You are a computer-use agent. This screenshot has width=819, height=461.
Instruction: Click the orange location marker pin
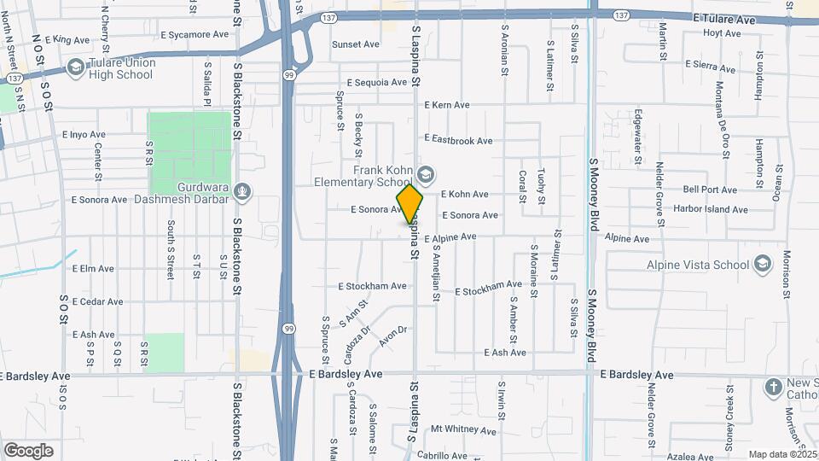[410, 203]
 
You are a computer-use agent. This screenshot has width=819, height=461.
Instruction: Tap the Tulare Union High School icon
[76, 67]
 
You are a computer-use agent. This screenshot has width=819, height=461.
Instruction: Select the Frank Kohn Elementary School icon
[425, 173]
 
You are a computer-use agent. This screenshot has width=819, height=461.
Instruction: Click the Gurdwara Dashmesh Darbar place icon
[242, 190]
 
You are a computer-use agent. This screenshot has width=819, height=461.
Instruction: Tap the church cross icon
[772, 387]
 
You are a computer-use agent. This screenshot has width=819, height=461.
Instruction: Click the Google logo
[28, 450]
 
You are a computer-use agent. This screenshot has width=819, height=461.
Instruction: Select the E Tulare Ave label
[724, 19]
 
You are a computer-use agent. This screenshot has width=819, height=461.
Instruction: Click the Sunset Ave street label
[355, 44]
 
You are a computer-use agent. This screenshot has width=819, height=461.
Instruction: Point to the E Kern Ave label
[446, 105]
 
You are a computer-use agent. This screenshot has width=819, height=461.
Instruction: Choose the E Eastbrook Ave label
[458, 140]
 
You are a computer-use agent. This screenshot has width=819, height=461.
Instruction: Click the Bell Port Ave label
[710, 190]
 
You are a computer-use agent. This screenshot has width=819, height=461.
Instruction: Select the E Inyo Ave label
[84, 134]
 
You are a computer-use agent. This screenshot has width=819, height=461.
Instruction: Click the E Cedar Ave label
[97, 301]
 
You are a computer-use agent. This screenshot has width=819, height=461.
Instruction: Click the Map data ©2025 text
[781, 454]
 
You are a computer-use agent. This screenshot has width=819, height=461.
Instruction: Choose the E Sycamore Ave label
[195, 35]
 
